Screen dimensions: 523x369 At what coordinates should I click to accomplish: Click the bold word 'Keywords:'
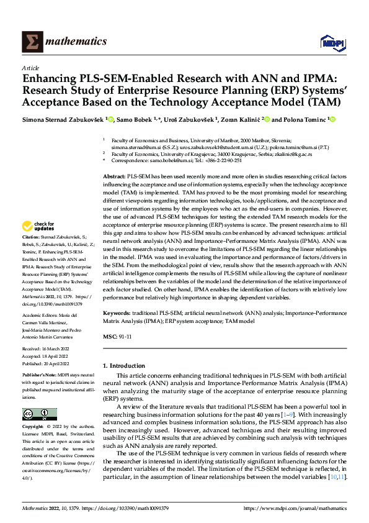point(116,316)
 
